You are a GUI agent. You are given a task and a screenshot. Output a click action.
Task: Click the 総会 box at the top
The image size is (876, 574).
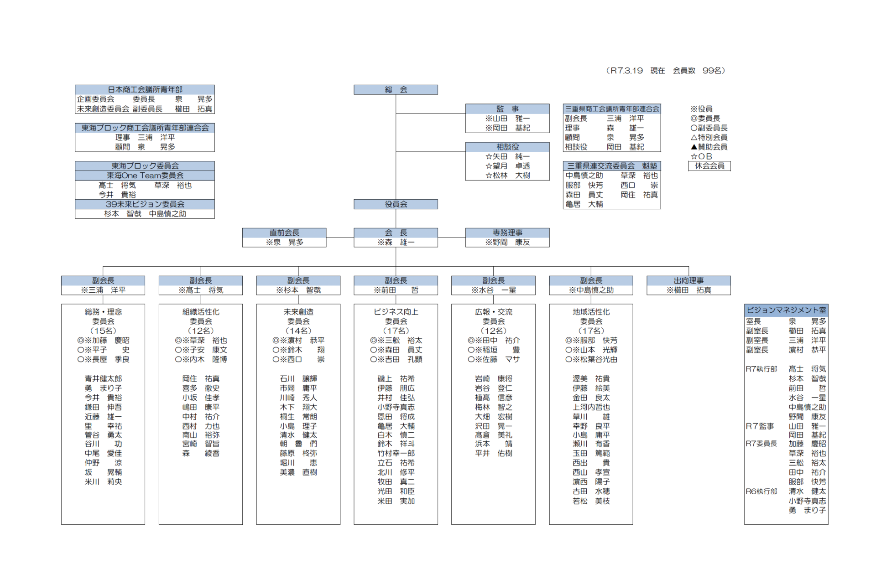click(x=396, y=90)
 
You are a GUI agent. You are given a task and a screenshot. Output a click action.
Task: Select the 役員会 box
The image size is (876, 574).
click(x=396, y=204)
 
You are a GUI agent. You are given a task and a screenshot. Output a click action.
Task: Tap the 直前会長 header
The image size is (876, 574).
click(x=284, y=233)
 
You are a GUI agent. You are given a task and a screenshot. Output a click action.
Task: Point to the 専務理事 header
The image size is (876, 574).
click(x=507, y=233)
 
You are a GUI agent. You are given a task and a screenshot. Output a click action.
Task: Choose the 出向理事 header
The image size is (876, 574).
click(x=688, y=281)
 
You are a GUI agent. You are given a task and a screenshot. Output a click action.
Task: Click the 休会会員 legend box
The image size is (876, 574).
click(x=709, y=166)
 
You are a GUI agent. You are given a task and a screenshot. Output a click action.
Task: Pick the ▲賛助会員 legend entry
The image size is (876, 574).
click(x=709, y=147)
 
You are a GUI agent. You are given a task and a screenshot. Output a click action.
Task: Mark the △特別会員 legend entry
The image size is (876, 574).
click(x=709, y=137)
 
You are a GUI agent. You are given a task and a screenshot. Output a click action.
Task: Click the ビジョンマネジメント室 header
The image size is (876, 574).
click(x=786, y=310)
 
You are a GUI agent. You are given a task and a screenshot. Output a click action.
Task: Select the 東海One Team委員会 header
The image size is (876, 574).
click(x=145, y=176)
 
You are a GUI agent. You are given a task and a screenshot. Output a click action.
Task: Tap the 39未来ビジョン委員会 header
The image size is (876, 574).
click(x=145, y=204)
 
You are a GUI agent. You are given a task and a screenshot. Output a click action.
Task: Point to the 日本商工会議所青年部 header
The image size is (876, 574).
click(x=145, y=90)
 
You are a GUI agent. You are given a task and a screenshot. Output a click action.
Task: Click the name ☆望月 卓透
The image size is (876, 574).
click(x=507, y=166)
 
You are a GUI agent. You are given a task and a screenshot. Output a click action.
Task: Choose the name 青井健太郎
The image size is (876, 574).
click(x=103, y=379)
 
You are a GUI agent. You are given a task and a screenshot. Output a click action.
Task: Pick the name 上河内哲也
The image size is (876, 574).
click(x=591, y=407)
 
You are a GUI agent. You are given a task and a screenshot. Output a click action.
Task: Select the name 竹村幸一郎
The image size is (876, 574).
click(x=396, y=453)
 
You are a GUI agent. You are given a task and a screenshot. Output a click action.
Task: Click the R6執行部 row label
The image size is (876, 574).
click(x=761, y=491)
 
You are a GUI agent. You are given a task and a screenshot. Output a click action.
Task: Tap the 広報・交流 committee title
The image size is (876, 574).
click(x=494, y=312)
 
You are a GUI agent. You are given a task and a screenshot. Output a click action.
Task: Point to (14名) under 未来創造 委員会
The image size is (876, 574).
click(x=298, y=331)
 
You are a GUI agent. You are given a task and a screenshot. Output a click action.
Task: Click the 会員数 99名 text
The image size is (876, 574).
click(x=699, y=71)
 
